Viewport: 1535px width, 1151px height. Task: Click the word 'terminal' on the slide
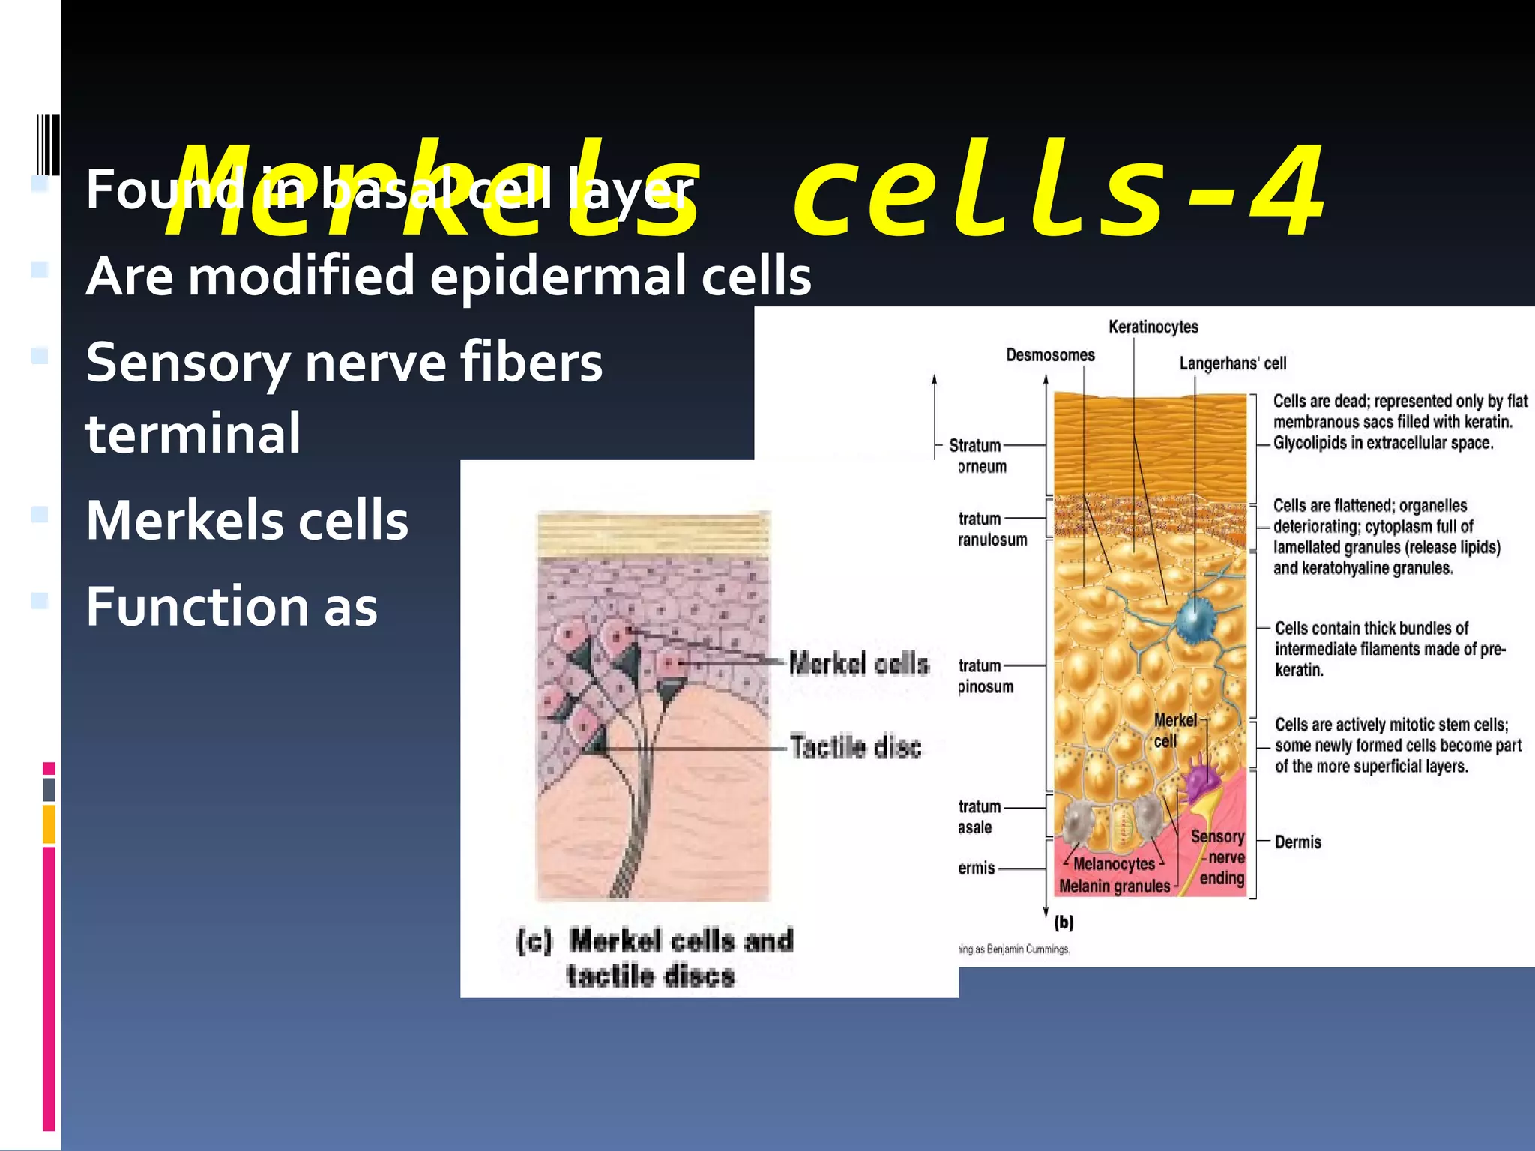pos(193,433)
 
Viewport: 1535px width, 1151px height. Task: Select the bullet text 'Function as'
pos(232,606)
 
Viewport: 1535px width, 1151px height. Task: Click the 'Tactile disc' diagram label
pos(855,747)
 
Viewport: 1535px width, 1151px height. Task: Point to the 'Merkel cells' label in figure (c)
pos(859,663)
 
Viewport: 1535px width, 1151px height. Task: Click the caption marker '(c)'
pos(534,941)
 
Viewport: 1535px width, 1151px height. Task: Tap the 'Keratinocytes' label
pos(1153,327)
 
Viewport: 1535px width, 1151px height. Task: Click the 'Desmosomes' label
pos(1049,355)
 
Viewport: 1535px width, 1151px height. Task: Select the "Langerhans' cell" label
pos(1232,363)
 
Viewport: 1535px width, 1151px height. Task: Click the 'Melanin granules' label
pos(1114,886)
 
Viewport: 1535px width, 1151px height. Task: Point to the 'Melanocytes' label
pos(1114,864)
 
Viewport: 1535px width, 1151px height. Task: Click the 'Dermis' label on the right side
pos(1297,842)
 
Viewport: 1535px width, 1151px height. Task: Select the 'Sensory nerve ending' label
pos(1219,857)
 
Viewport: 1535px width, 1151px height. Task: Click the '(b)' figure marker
pos(1064,922)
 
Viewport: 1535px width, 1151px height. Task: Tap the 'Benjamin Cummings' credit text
pos(1028,949)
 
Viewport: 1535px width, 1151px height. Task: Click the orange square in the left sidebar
pos(49,824)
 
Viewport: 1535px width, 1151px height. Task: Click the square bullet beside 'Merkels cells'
pos(40,515)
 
